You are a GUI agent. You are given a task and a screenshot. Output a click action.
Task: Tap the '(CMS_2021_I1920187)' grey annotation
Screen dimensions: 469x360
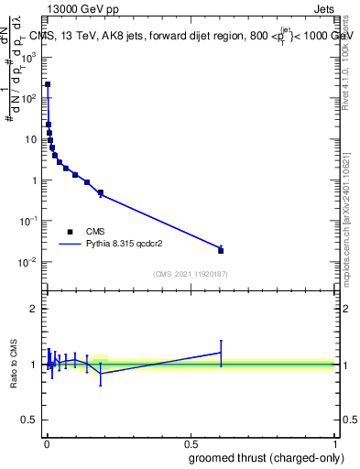(x=190, y=274)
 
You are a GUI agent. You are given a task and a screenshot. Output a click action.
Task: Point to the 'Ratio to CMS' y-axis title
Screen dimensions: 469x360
(x=15, y=364)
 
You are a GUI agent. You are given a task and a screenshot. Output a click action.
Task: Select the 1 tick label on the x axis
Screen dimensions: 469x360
(x=334, y=444)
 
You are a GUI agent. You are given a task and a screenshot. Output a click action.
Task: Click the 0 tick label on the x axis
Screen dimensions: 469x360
(x=46, y=444)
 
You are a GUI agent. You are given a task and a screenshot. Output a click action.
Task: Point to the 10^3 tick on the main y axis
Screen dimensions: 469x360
(x=29, y=56)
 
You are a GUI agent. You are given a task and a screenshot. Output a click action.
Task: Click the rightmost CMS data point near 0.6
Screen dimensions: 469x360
(x=221, y=250)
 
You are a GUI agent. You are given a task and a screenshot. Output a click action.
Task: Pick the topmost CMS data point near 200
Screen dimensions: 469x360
(x=48, y=84)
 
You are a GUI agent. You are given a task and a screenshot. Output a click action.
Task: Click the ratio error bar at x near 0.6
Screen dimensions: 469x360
(x=221, y=352)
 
